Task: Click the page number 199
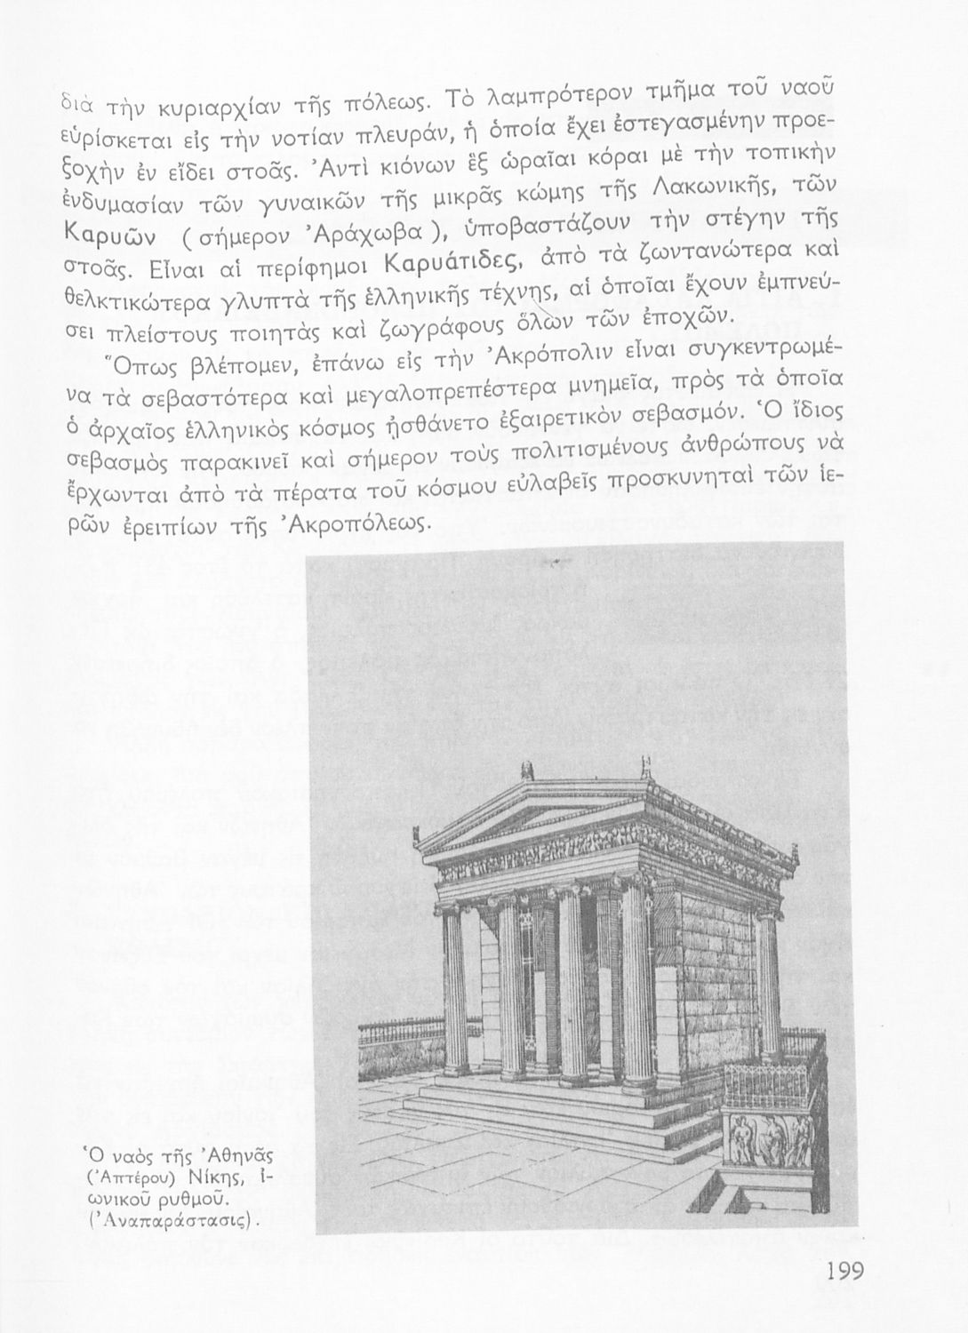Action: pos(845,1271)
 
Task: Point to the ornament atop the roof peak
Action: pos(530,768)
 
